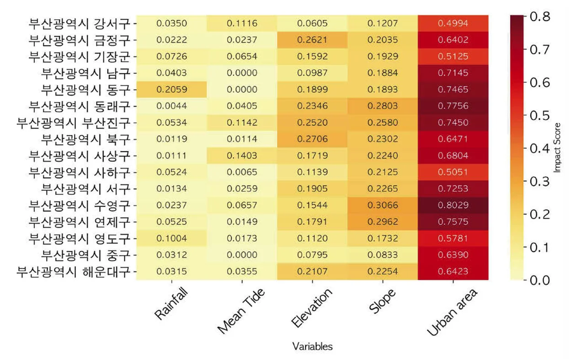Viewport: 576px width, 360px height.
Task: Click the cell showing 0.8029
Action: click(x=453, y=205)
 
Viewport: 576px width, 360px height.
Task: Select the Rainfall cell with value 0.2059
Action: click(x=171, y=89)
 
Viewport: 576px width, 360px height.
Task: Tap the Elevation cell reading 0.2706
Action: click(x=312, y=139)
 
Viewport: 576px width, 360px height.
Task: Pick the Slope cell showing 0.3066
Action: click(x=383, y=205)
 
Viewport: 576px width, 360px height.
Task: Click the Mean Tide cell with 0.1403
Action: click(x=242, y=156)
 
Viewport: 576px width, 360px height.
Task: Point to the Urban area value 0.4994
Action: click(x=453, y=23)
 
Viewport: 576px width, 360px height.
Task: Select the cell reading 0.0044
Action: click(x=171, y=106)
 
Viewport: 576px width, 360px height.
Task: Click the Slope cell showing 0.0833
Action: click(x=383, y=255)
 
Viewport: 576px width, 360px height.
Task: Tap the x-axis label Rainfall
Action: click(x=171, y=304)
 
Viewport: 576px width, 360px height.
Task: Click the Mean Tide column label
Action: click(x=240, y=311)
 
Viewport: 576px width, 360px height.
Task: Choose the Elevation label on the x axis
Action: click(x=312, y=308)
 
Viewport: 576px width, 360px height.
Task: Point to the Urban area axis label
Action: click(x=452, y=312)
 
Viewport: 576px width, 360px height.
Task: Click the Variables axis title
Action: click(x=312, y=347)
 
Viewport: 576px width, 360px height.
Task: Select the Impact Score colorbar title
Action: click(x=557, y=148)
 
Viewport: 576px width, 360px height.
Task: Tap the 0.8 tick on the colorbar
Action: click(x=540, y=16)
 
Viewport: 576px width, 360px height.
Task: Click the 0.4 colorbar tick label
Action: click(x=540, y=149)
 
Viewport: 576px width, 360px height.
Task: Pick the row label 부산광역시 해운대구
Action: click(x=74, y=272)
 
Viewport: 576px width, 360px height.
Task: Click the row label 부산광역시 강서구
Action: click(x=80, y=24)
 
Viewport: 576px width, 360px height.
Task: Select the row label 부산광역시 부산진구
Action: click(x=74, y=123)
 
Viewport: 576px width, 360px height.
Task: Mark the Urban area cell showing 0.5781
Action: click(x=453, y=238)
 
